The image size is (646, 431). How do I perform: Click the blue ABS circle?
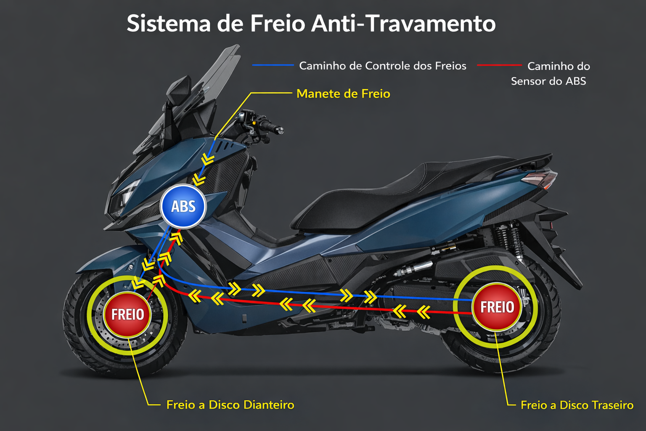(x=183, y=206)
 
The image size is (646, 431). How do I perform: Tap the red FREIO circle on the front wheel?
(x=127, y=314)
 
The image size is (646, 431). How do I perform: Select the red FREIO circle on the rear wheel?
(x=497, y=306)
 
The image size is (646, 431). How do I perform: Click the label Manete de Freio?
(x=343, y=93)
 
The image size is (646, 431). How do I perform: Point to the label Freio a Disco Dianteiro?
(x=230, y=405)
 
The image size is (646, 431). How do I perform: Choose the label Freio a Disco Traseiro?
(x=577, y=405)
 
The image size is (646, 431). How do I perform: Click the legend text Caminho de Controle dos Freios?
(x=382, y=66)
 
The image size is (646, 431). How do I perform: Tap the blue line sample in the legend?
(x=273, y=65)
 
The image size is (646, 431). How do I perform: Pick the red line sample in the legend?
(x=499, y=65)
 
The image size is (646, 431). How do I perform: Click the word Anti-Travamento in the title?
(x=403, y=24)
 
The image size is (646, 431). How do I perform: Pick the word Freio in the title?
(x=278, y=24)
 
